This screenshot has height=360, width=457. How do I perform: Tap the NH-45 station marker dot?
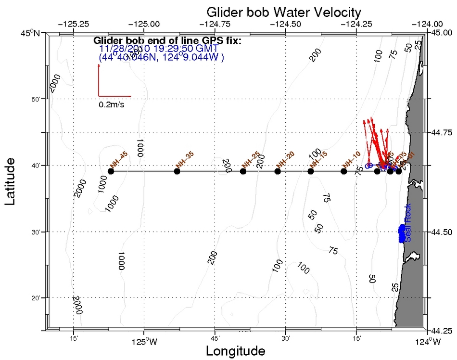111,171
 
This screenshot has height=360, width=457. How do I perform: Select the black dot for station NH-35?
177,171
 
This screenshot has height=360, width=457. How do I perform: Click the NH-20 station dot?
278,171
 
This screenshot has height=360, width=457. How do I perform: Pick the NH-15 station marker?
310,171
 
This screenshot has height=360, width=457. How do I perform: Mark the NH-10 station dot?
343,171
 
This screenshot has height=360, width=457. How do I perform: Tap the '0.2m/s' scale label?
112,104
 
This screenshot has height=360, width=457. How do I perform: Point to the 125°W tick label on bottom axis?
144,342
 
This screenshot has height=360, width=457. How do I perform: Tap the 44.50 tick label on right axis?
440,232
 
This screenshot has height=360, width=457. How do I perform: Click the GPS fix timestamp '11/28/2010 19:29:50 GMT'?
159,49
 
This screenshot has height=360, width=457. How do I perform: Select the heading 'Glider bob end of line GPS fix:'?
167,41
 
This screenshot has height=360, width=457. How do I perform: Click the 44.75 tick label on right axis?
440,132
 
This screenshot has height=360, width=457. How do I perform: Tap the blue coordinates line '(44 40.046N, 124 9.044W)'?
161,57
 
